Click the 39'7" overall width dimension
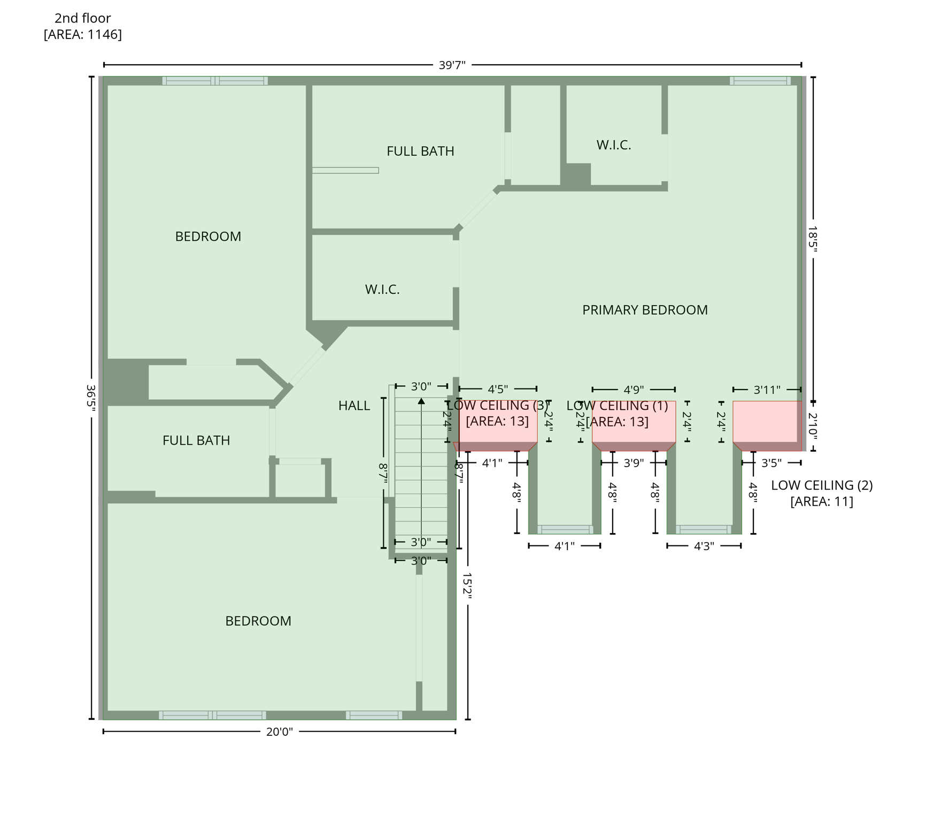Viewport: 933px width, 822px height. coord(452,65)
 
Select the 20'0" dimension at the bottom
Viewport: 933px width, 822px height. coord(279,732)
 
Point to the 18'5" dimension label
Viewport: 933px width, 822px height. coord(812,238)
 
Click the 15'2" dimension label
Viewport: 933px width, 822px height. coord(467,585)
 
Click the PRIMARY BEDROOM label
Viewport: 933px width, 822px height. coord(644,310)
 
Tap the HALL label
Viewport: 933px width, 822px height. coord(354,406)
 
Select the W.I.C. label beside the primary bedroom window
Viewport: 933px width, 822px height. coord(613,145)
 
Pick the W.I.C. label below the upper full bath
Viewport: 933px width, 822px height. coord(382,290)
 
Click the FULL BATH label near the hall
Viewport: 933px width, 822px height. coord(196,440)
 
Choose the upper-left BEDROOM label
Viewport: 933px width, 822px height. coord(208,237)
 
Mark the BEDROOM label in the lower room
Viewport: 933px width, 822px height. coord(258,621)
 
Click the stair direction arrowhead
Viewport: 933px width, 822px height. coord(421,401)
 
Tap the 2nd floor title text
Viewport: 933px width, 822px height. coord(83,18)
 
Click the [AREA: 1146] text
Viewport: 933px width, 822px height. coord(83,34)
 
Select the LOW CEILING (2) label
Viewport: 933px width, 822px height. coord(821,485)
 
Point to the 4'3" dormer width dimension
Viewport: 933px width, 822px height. coord(704,546)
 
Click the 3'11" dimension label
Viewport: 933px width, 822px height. coord(767,390)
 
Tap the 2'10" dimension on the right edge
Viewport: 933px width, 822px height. coord(812,425)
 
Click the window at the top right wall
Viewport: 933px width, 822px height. coord(760,81)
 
